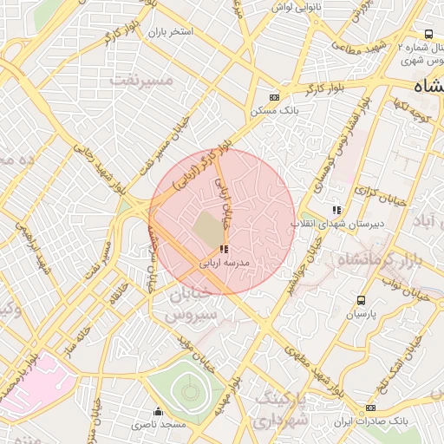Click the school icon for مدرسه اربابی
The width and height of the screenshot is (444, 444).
coord(212,249)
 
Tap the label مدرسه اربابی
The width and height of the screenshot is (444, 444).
coord(225,261)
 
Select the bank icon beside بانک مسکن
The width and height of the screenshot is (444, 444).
coord(275,98)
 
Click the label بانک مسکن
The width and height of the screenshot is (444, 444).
coord(270,111)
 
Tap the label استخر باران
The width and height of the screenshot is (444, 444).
coord(169,32)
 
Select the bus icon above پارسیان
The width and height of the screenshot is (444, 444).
coord(360,300)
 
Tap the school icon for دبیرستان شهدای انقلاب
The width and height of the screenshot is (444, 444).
coord(336,210)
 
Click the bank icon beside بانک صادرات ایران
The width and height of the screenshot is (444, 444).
coord(371,408)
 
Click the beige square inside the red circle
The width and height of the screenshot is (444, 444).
coord(207,229)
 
